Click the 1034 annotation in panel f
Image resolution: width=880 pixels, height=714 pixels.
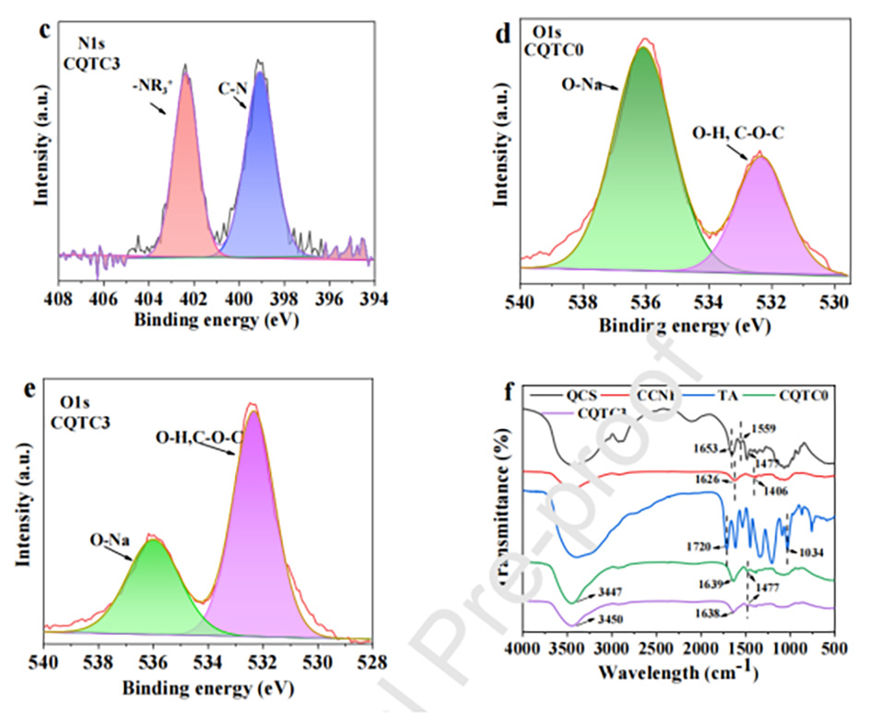coord(812,553)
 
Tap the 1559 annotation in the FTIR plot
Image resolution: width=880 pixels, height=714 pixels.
coord(762,429)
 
